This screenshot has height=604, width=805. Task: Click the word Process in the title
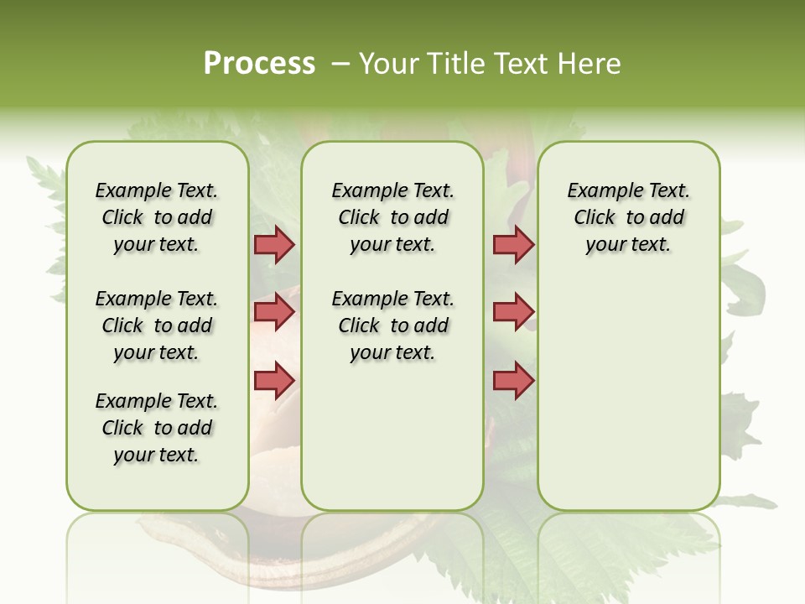[259, 63]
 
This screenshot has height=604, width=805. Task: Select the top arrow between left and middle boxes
[274, 245]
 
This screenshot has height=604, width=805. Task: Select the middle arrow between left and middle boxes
[274, 312]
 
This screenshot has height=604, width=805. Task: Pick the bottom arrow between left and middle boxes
[274, 380]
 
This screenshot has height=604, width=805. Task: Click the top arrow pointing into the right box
[513, 245]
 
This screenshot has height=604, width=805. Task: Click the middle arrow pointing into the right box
[513, 312]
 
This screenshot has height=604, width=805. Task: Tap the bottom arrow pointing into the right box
[513, 380]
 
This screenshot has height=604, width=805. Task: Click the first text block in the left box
[157, 217]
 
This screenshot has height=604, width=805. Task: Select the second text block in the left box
[157, 325]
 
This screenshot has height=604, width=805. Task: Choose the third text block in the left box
[157, 428]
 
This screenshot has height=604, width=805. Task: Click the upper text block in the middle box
[392, 217]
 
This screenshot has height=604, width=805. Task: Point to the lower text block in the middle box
[392, 325]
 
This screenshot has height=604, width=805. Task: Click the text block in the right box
[628, 217]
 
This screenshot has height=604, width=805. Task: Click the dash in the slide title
[340, 63]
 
